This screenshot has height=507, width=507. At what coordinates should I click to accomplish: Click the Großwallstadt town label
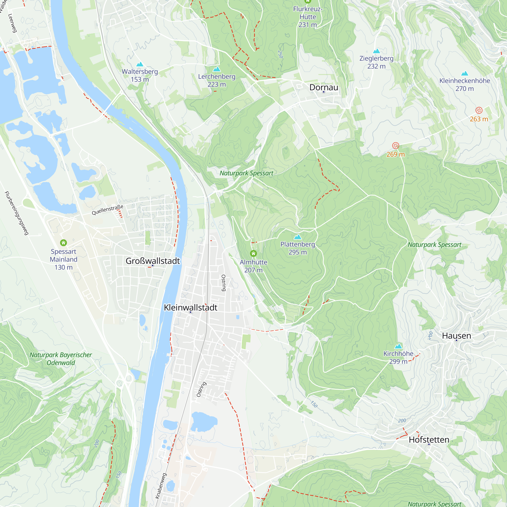[x=153, y=261]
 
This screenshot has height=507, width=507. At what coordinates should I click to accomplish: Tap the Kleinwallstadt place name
[x=191, y=307]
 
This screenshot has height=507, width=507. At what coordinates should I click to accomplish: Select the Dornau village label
[x=323, y=87]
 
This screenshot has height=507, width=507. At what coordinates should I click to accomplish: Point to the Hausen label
[x=456, y=336]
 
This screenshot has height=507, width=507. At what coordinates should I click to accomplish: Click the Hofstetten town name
[x=429, y=440]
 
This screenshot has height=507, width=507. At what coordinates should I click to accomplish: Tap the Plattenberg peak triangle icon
[x=298, y=237]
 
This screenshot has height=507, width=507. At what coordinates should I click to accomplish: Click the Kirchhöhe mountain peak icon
[x=398, y=346]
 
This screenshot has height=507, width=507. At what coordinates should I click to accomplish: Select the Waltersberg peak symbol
[x=140, y=64]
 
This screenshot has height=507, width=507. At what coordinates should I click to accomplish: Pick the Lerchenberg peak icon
[x=217, y=69]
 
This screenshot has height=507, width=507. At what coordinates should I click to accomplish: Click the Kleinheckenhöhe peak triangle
[x=464, y=74]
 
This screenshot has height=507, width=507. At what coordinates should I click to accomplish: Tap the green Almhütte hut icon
[x=253, y=253]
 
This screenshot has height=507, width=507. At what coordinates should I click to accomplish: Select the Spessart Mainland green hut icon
[x=64, y=243]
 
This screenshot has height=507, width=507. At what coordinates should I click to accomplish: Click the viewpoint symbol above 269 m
[x=395, y=146]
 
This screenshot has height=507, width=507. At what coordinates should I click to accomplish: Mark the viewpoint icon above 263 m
[x=479, y=110]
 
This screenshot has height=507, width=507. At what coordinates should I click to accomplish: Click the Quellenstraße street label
[x=107, y=210]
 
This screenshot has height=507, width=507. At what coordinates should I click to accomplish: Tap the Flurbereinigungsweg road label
[x=16, y=213]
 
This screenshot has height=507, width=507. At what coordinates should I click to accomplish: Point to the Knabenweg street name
[x=161, y=485]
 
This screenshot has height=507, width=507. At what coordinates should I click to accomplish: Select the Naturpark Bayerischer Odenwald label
[x=61, y=359]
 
